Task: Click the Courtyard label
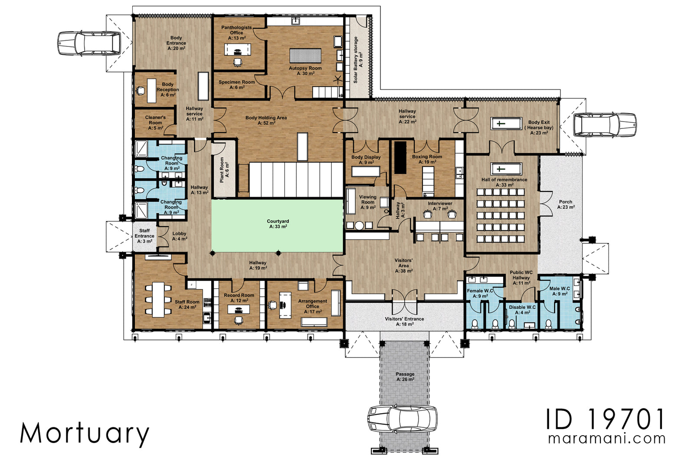click(x=278, y=224)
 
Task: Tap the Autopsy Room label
click(x=305, y=71)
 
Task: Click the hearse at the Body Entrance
click(x=89, y=43)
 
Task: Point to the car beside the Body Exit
click(x=605, y=125)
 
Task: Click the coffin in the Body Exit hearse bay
click(x=506, y=124)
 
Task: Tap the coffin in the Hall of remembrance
click(x=506, y=169)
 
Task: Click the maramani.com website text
click(x=607, y=439)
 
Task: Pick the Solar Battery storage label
click(x=358, y=60)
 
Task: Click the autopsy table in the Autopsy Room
click(x=305, y=56)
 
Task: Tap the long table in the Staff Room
click(x=158, y=299)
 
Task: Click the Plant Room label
click(x=224, y=170)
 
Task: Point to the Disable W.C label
click(x=522, y=309)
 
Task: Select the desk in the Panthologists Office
click(x=237, y=49)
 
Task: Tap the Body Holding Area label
click(x=266, y=120)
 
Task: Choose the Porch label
click(x=566, y=204)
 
